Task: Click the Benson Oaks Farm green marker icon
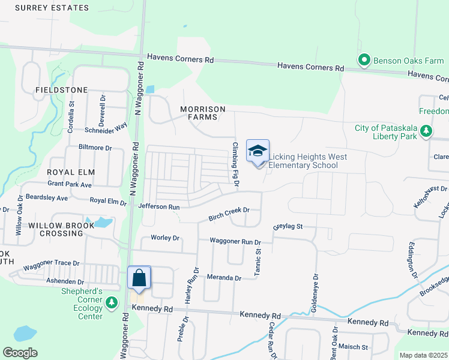pos(364,61)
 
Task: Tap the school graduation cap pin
pos(258,151)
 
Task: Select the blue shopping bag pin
pos(139,278)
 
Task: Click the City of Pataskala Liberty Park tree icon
pos(426,130)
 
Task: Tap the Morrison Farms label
pos(203,113)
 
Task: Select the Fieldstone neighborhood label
pos(61,90)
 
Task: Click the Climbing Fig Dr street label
pos(235,164)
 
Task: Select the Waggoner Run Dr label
pos(235,241)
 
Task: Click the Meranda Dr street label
pos(223,278)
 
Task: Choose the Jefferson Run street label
pos(159,206)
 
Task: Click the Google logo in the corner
pos(20,353)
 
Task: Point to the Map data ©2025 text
pos(423,355)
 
